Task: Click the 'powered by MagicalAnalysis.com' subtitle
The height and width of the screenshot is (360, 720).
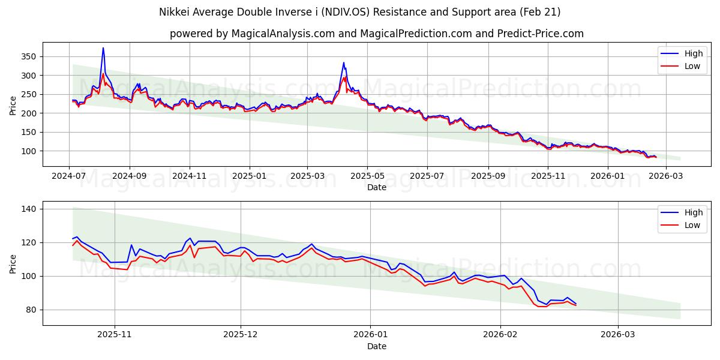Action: [x=376, y=34]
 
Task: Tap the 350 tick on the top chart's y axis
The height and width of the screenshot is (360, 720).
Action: [x=28, y=56]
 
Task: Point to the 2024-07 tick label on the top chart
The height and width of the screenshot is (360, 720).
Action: [x=69, y=176]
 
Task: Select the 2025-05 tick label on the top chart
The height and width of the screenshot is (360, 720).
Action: [x=367, y=176]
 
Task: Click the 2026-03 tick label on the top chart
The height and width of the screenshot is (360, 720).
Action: [x=667, y=176]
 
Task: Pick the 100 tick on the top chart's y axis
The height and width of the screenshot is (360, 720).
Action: [x=28, y=151]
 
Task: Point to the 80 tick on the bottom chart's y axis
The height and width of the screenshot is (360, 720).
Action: [x=31, y=310]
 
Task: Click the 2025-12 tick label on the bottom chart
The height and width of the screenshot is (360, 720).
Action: [x=240, y=335]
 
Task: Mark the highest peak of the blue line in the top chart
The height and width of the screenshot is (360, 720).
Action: [x=103, y=48]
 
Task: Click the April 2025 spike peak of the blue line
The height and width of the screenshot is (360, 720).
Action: [x=344, y=62]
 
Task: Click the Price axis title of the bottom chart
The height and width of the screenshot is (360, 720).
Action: [x=13, y=263]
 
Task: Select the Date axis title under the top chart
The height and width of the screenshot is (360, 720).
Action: [x=376, y=187]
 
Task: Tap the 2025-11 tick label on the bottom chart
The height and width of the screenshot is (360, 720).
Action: [x=114, y=335]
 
